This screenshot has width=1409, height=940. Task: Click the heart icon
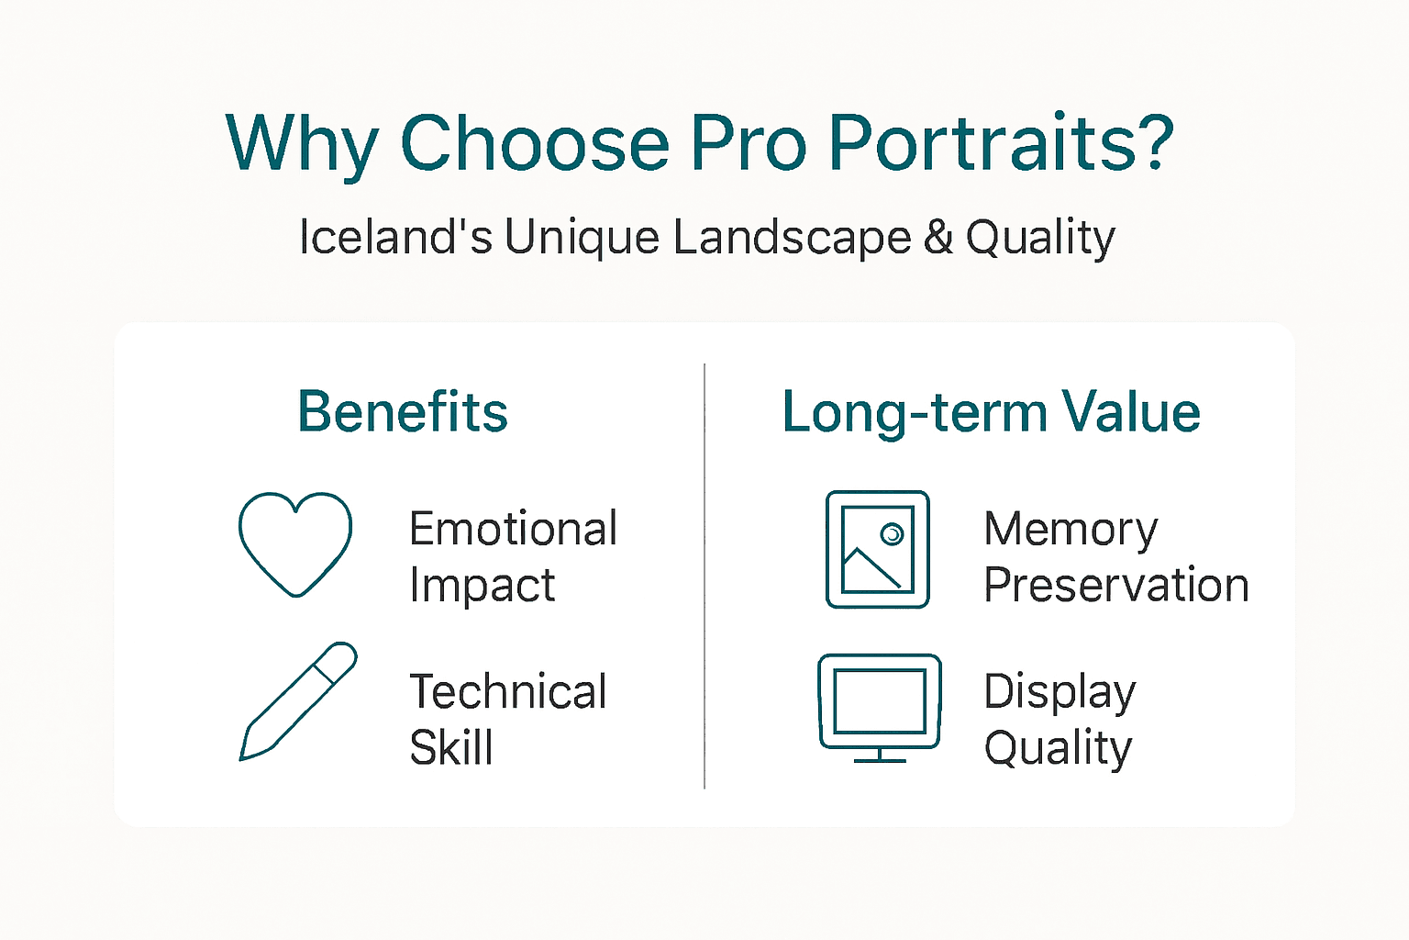[x=294, y=543]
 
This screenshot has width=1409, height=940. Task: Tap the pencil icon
[x=297, y=702]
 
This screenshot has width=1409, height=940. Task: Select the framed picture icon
[x=878, y=549]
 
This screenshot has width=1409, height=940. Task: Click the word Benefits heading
[x=402, y=411]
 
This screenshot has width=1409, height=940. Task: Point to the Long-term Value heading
[x=991, y=411]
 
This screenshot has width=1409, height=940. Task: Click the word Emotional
[x=513, y=529]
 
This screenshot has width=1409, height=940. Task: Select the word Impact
[x=482, y=586]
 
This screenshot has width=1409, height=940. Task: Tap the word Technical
[x=507, y=691]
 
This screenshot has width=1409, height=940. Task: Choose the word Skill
[x=450, y=747]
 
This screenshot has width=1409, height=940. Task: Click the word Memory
[x=1071, y=531]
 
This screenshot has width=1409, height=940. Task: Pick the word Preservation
[x=1115, y=586]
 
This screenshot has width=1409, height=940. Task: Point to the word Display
[x=1060, y=693]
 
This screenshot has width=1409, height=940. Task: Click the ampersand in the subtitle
[x=938, y=237]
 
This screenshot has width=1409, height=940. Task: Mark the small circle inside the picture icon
[x=892, y=533]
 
